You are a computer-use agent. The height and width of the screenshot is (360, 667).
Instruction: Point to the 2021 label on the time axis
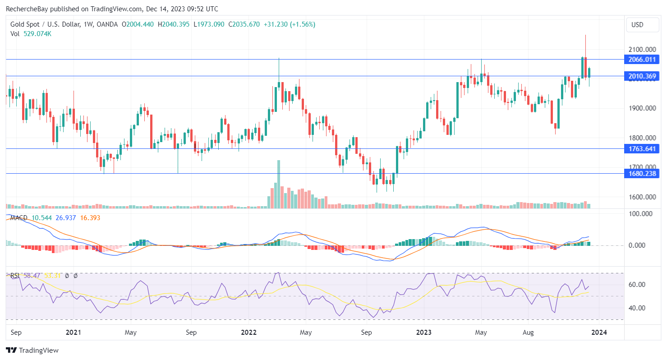tap(73, 332)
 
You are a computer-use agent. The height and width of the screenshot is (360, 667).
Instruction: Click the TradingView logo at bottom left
tap(32, 350)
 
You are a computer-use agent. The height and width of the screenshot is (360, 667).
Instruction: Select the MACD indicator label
tap(19, 218)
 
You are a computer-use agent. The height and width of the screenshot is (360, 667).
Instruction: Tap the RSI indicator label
tap(15, 275)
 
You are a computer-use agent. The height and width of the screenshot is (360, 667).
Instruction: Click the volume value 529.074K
tap(37, 33)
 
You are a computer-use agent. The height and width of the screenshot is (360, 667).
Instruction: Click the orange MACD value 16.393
tap(90, 218)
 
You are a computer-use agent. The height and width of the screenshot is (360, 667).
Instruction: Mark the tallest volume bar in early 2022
tap(279, 184)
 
